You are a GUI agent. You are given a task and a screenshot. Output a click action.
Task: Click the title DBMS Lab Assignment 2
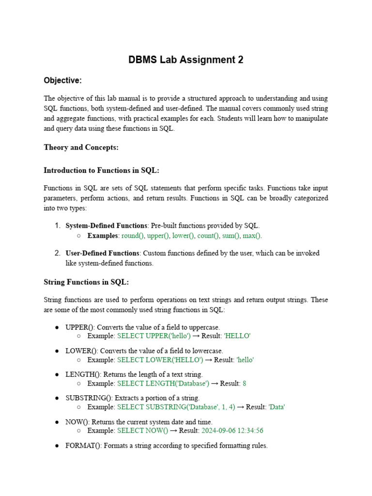coord(186,60)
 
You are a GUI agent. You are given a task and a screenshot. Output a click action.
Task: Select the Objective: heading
coord(62,80)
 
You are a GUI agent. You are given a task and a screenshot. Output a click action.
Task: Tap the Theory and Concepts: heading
coord(81,147)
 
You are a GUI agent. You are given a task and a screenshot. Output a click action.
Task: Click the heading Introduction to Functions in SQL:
coord(101,170)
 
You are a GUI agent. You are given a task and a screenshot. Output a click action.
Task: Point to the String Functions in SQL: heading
coord(86,282)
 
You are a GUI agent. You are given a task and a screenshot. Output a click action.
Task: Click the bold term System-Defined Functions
coord(106,226)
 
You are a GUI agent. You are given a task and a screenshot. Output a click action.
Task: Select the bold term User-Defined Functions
coord(103,253)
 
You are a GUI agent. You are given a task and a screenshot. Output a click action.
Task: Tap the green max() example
coord(251,236)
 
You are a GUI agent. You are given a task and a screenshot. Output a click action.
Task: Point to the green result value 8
coord(245,384)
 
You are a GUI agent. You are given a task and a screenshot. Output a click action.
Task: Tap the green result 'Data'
coord(277,407)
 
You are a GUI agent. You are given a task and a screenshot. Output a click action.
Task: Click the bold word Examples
coord(103,236)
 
